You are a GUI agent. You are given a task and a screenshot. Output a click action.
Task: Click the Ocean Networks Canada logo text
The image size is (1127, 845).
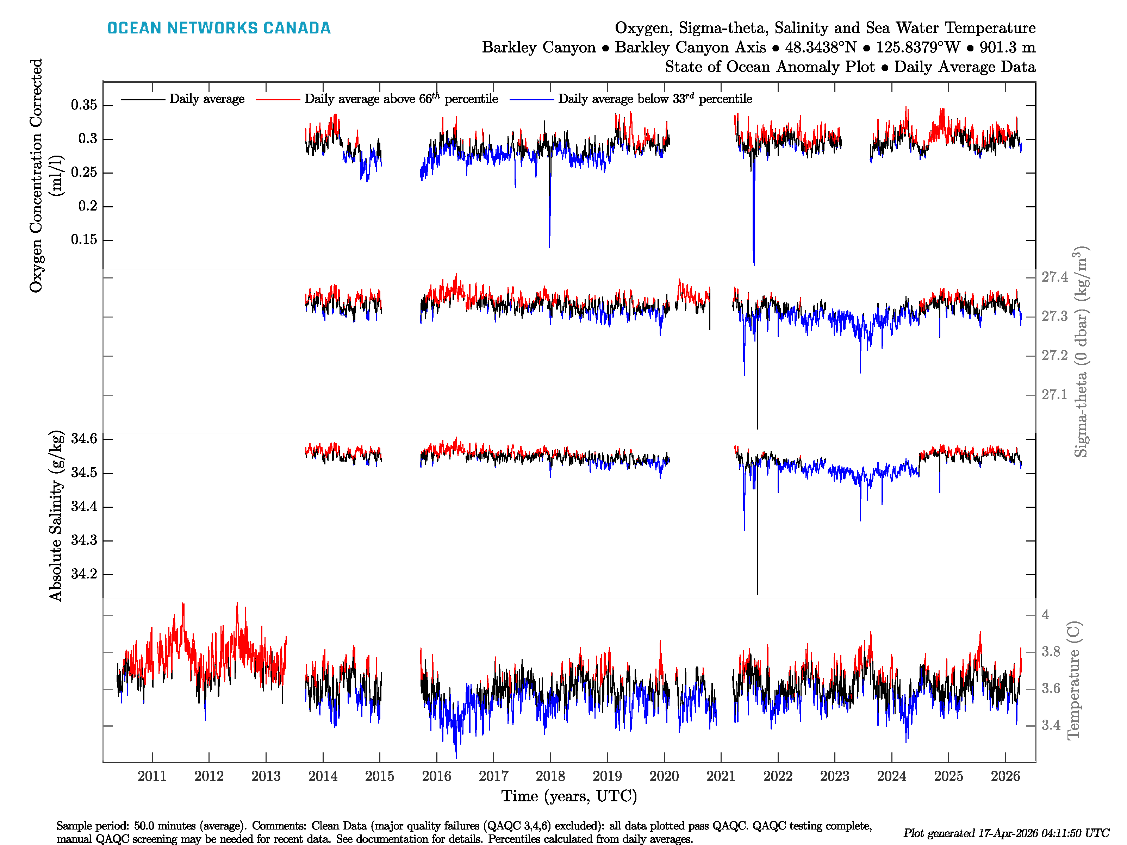point(219,28)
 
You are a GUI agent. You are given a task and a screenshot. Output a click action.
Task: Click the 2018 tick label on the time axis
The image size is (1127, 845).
point(550,776)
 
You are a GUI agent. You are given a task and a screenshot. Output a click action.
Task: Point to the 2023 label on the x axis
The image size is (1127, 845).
point(835,776)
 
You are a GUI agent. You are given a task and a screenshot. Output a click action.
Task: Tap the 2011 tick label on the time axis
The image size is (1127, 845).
point(152,776)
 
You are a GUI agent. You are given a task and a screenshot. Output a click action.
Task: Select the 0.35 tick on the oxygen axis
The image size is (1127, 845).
point(84,105)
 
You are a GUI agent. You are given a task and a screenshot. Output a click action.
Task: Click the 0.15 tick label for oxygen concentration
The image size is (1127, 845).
point(84,239)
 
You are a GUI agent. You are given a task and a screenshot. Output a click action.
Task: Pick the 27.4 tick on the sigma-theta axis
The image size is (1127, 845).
point(1054,277)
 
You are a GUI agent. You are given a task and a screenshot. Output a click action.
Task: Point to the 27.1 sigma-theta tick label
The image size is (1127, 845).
point(1054,395)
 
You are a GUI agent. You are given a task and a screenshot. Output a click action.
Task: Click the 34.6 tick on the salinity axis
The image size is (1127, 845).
point(84,439)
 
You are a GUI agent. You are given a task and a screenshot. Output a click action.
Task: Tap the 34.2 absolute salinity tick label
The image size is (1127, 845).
point(84,574)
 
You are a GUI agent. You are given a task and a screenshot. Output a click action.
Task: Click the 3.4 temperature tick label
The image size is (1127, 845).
point(1051,725)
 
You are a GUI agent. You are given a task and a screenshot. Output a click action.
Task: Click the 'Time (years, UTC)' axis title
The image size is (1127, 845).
point(569,796)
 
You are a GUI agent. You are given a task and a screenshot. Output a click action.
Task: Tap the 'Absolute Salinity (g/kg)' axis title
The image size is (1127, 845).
point(56,515)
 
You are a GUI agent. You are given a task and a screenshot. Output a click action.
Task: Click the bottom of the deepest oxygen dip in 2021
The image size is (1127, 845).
point(754,264)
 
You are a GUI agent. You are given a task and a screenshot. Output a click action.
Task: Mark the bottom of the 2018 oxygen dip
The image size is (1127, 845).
point(549,246)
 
